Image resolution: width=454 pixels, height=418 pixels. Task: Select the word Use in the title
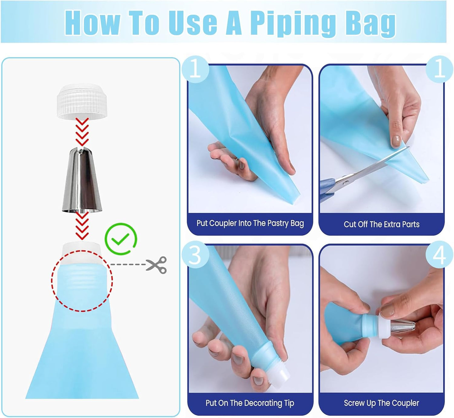tap(193, 23)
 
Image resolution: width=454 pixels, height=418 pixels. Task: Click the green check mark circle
tap(121, 239)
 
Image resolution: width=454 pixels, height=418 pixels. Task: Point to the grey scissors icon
tap(156, 265)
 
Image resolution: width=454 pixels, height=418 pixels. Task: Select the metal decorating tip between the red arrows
tap(82, 180)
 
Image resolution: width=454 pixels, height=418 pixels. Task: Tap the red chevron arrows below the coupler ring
tap(82, 132)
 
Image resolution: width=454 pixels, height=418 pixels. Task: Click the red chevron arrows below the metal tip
tap(82, 226)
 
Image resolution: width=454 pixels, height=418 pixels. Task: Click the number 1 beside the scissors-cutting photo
tap(439, 69)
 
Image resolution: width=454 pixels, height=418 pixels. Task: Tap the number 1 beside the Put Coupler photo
tap(195, 69)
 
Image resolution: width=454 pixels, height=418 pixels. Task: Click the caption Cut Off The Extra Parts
tap(381, 224)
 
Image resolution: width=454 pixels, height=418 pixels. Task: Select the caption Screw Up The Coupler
tap(381, 403)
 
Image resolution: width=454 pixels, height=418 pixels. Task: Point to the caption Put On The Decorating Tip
tap(250, 403)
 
